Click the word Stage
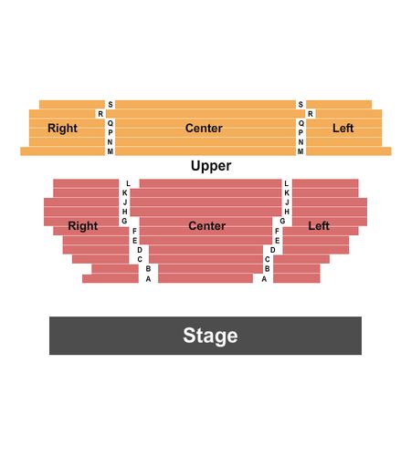coord(210,336)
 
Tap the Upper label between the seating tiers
coord(211,166)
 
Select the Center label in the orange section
coord(204,128)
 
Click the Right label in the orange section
coord(62,129)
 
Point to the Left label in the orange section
coord(343,128)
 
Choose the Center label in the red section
coord(207,226)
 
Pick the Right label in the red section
coord(83,226)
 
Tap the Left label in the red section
coord(319,226)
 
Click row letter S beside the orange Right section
coord(111,104)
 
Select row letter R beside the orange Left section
coord(311,114)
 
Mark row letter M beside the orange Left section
coord(300,151)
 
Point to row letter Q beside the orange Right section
coord(111,123)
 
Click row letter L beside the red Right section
coord(128,183)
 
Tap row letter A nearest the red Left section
coord(264,279)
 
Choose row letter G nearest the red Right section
coord(124,221)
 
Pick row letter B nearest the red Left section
coord(268,269)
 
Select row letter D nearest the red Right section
coord(140,250)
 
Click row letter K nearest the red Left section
coord(287,193)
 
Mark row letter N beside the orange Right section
coord(110,142)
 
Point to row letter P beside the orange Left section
coord(300,132)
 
